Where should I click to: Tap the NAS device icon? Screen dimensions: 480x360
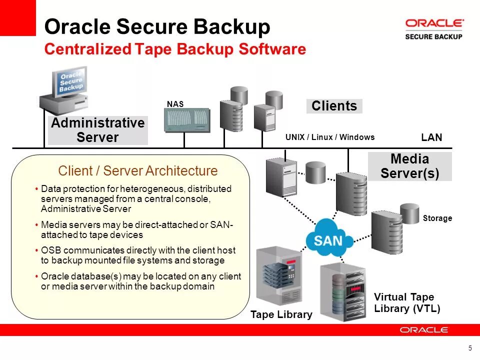[x=187, y=120]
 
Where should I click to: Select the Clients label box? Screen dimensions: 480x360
[x=334, y=106]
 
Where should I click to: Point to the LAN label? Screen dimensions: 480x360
[x=431, y=137]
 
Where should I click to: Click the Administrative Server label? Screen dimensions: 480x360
[x=97, y=130]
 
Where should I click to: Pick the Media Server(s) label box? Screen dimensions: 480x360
[x=409, y=166]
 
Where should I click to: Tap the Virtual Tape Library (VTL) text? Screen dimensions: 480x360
[x=407, y=303]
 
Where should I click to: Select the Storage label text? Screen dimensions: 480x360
[x=437, y=218]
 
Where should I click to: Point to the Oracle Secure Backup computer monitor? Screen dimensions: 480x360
[x=70, y=82]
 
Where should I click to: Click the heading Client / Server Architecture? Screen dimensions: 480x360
[x=138, y=171]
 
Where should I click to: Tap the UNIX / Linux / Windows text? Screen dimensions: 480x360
[x=329, y=137]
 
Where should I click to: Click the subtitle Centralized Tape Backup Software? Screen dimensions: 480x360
[x=175, y=49]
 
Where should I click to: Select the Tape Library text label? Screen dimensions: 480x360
[x=281, y=315]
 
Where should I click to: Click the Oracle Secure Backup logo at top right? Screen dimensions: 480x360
[x=433, y=29]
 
